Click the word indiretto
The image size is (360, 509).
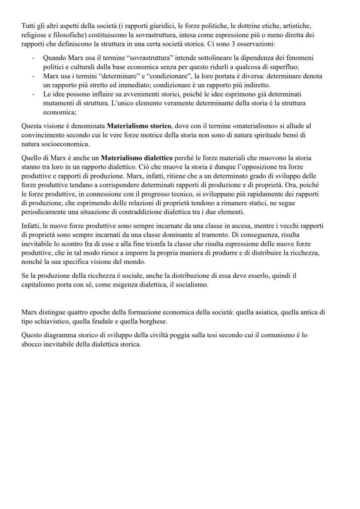pos(255,85)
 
